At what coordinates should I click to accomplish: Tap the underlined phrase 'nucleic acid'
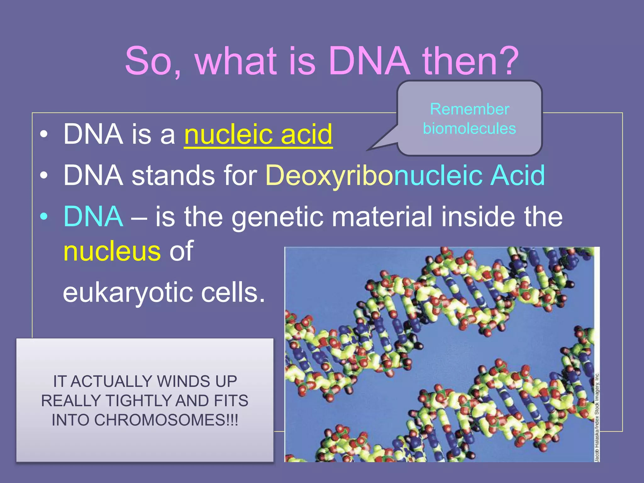(x=258, y=135)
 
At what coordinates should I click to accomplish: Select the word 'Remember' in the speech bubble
(x=469, y=109)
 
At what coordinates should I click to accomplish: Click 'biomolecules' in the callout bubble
(x=469, y=129)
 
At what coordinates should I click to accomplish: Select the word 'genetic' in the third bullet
(x=278, y=217)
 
